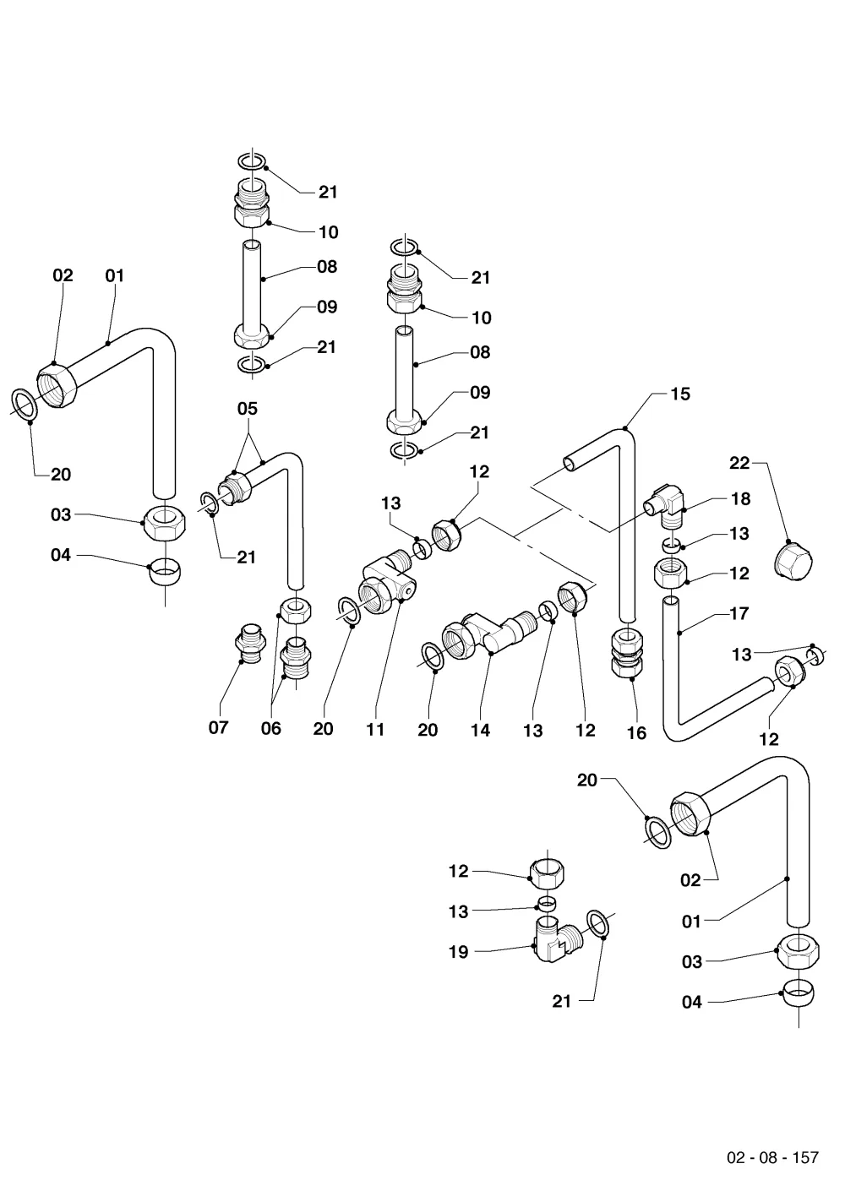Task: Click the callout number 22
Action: coord(739,463)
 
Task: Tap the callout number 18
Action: coord(740,498)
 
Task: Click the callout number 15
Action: coord(680,394)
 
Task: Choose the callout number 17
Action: coord(739,613)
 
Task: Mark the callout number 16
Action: coord(636,733)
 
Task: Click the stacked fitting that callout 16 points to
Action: coord(627,653)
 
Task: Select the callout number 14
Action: coord(480,730)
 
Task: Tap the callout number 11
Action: coord(375,730)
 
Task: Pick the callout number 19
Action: coord(458,952)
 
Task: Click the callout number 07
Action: coord(218,727)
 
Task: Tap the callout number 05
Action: coord(248,409)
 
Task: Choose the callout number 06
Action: coord(271,729)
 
